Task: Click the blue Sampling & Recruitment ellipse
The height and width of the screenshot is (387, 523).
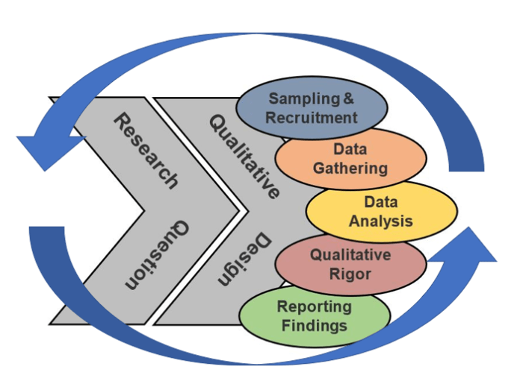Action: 312,108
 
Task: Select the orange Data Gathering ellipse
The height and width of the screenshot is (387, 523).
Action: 350,158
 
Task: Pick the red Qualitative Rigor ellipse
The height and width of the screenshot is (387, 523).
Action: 350,264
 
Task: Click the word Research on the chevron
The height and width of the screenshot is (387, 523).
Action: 146,150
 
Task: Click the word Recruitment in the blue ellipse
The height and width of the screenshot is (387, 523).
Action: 312,118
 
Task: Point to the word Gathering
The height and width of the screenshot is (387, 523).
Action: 350,168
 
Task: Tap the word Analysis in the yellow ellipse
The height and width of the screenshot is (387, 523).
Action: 381,221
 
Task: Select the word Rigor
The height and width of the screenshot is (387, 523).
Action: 350,274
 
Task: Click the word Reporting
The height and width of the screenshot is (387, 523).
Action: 314,306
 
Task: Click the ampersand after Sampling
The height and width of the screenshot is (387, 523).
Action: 347,98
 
